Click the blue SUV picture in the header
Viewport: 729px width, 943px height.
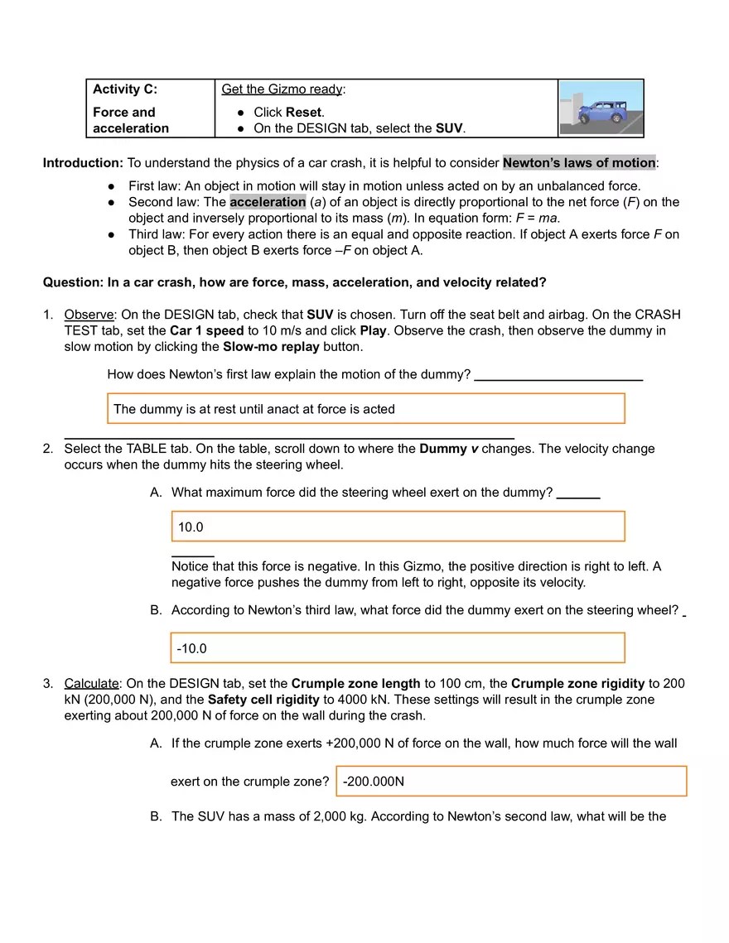click(601, 108)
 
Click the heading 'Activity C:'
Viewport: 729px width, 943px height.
click(125, 89)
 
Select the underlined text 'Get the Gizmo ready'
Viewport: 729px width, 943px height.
click(282, 89)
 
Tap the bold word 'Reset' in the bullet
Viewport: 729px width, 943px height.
click(304, 112)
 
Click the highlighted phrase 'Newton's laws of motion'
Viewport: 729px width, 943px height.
click(579, 162)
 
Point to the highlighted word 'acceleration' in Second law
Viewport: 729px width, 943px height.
click(268, 202)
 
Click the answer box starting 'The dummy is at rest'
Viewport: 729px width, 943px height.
click(365, 409)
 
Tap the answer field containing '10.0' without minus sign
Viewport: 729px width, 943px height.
click(398, 527)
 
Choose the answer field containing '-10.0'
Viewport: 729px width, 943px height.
click(398, 648)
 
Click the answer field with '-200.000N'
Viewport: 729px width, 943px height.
click(511, 782)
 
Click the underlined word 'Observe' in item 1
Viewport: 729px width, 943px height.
click(89, 315)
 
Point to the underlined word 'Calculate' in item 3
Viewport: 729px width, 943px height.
click(91, 683)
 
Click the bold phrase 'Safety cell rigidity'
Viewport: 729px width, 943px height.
click(263, 699)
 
